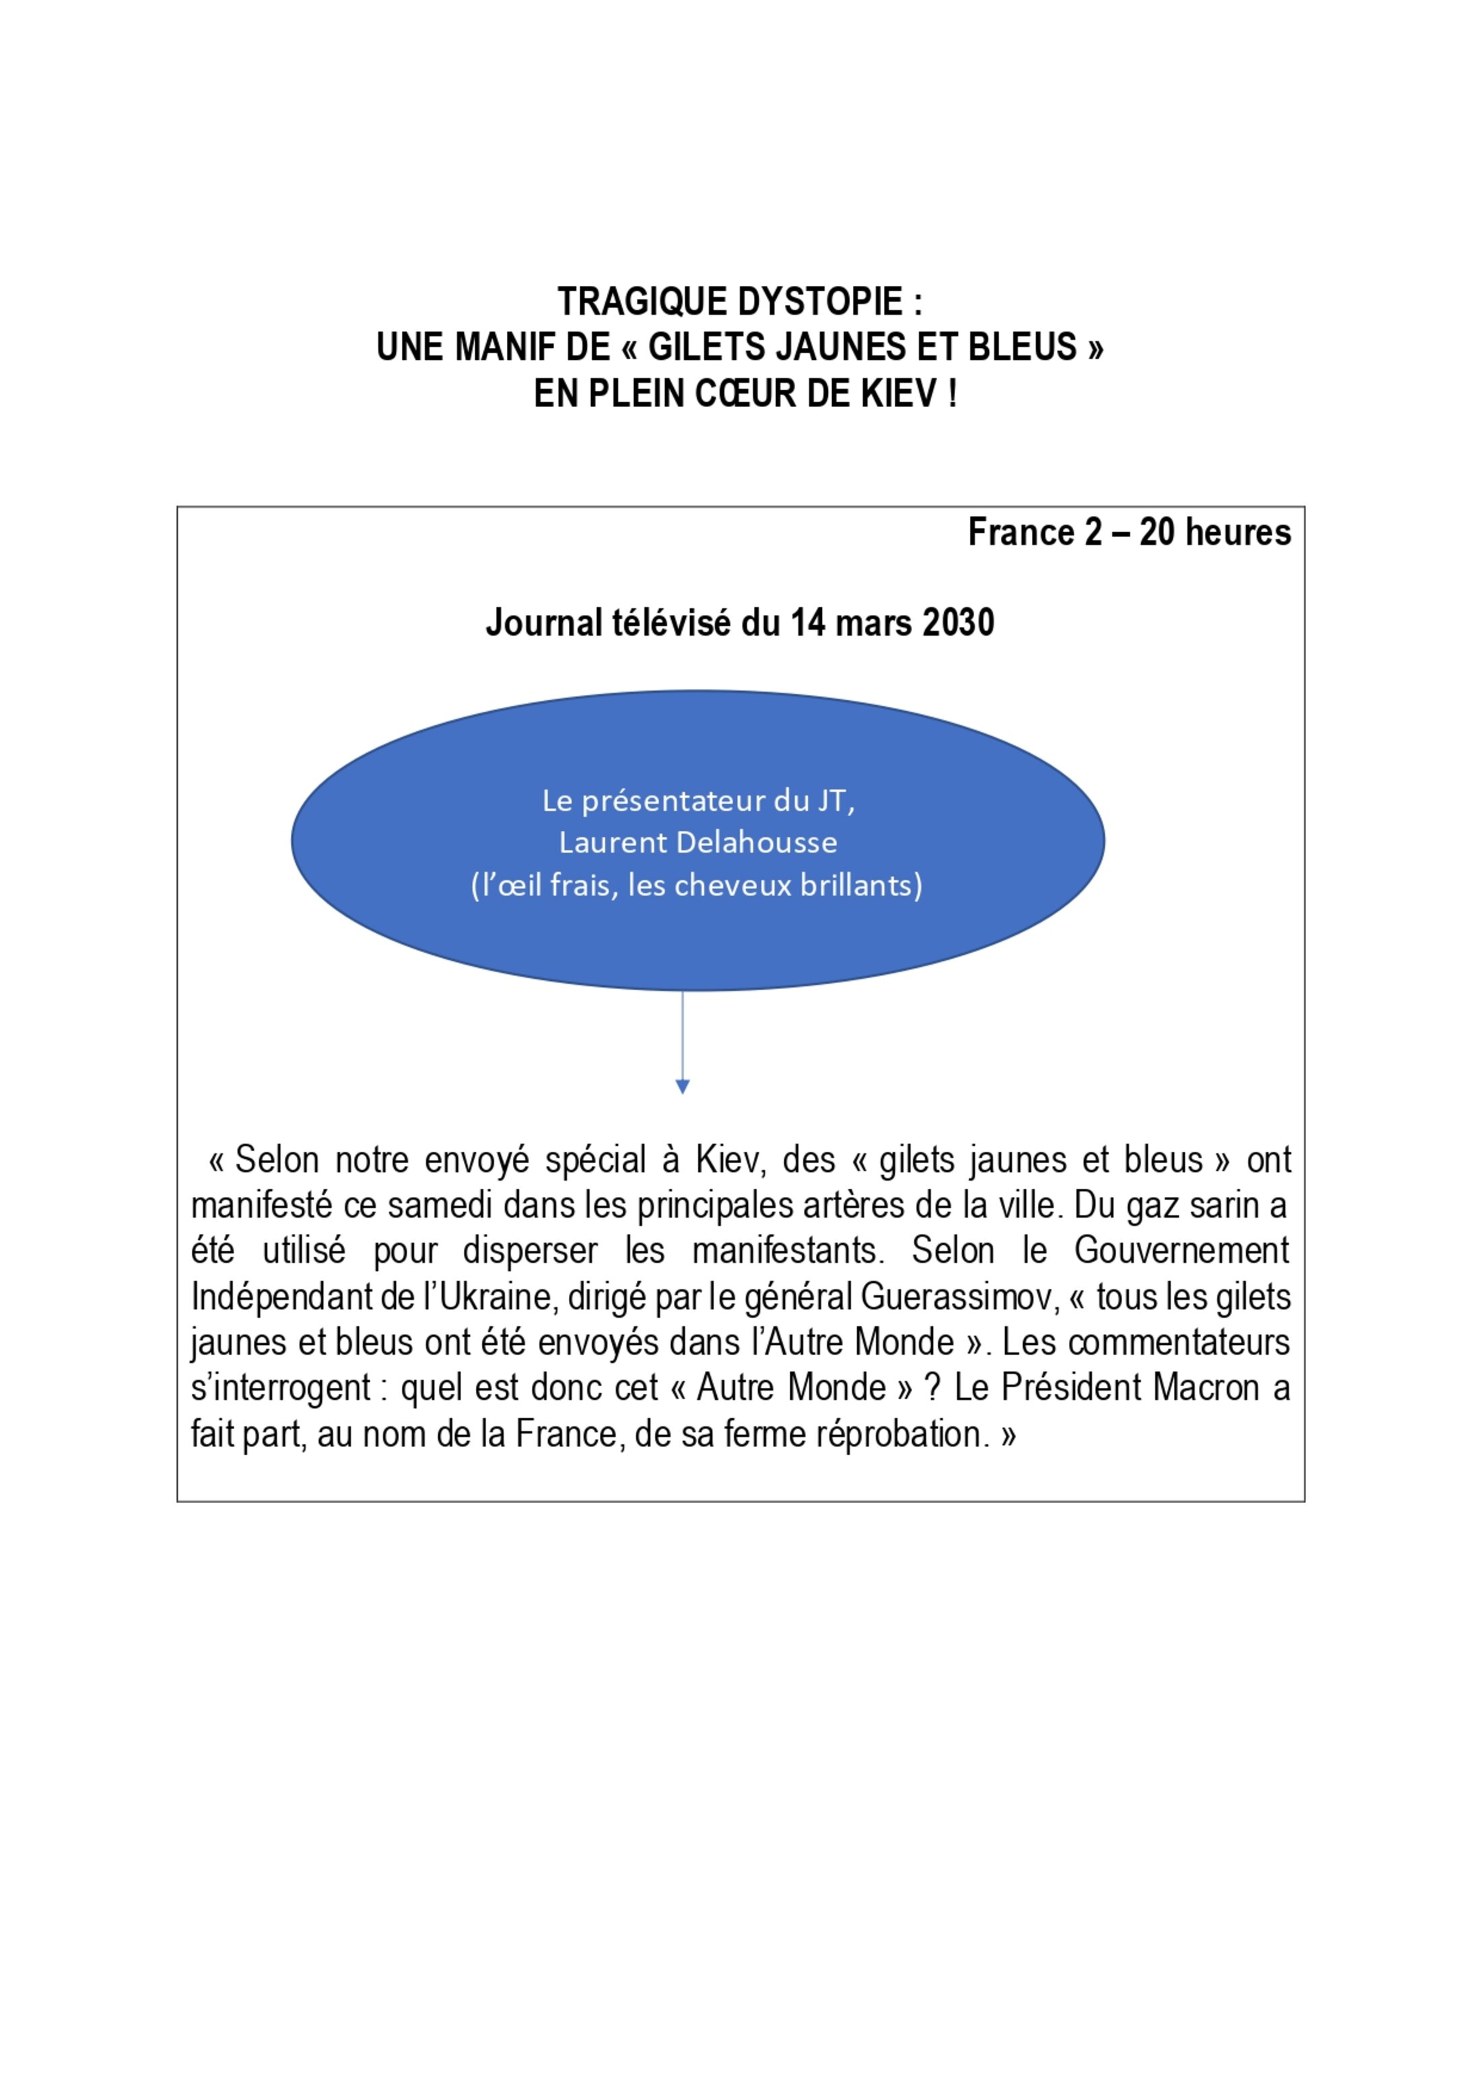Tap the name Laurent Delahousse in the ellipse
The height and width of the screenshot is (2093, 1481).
697,842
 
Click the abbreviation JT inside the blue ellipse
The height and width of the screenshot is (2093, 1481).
836,801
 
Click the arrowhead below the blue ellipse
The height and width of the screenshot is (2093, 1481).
682,1086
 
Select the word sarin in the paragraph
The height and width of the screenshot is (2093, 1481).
1216,1205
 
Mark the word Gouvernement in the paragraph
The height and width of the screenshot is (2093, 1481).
1181,1250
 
